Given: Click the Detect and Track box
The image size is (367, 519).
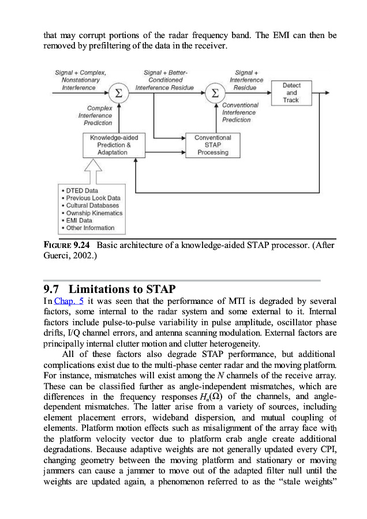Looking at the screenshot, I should pos(291,93).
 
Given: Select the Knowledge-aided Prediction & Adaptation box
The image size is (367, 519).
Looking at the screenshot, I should pos(114,145).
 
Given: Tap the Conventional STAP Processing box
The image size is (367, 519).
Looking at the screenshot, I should pos(212,145).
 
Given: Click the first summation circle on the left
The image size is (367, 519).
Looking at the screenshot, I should pos(119,93).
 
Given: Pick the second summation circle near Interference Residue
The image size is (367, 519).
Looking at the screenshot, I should pos(214,93).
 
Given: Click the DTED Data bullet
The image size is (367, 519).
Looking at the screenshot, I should pos(81,190).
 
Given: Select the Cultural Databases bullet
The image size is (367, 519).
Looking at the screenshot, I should pos(91,205).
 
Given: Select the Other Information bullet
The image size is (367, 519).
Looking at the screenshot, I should pos(90,228).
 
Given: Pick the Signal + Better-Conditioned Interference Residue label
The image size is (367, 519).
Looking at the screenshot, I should pos(164,80).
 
